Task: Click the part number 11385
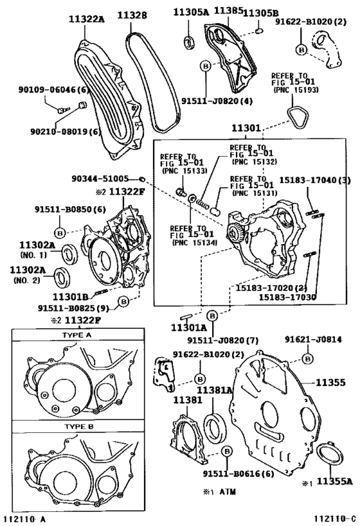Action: pyautogui.click(x=228, y=11)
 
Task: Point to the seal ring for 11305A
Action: pyautogui.click(x=189, y=42)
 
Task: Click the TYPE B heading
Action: pyautogui.click(x=76, y=426)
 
